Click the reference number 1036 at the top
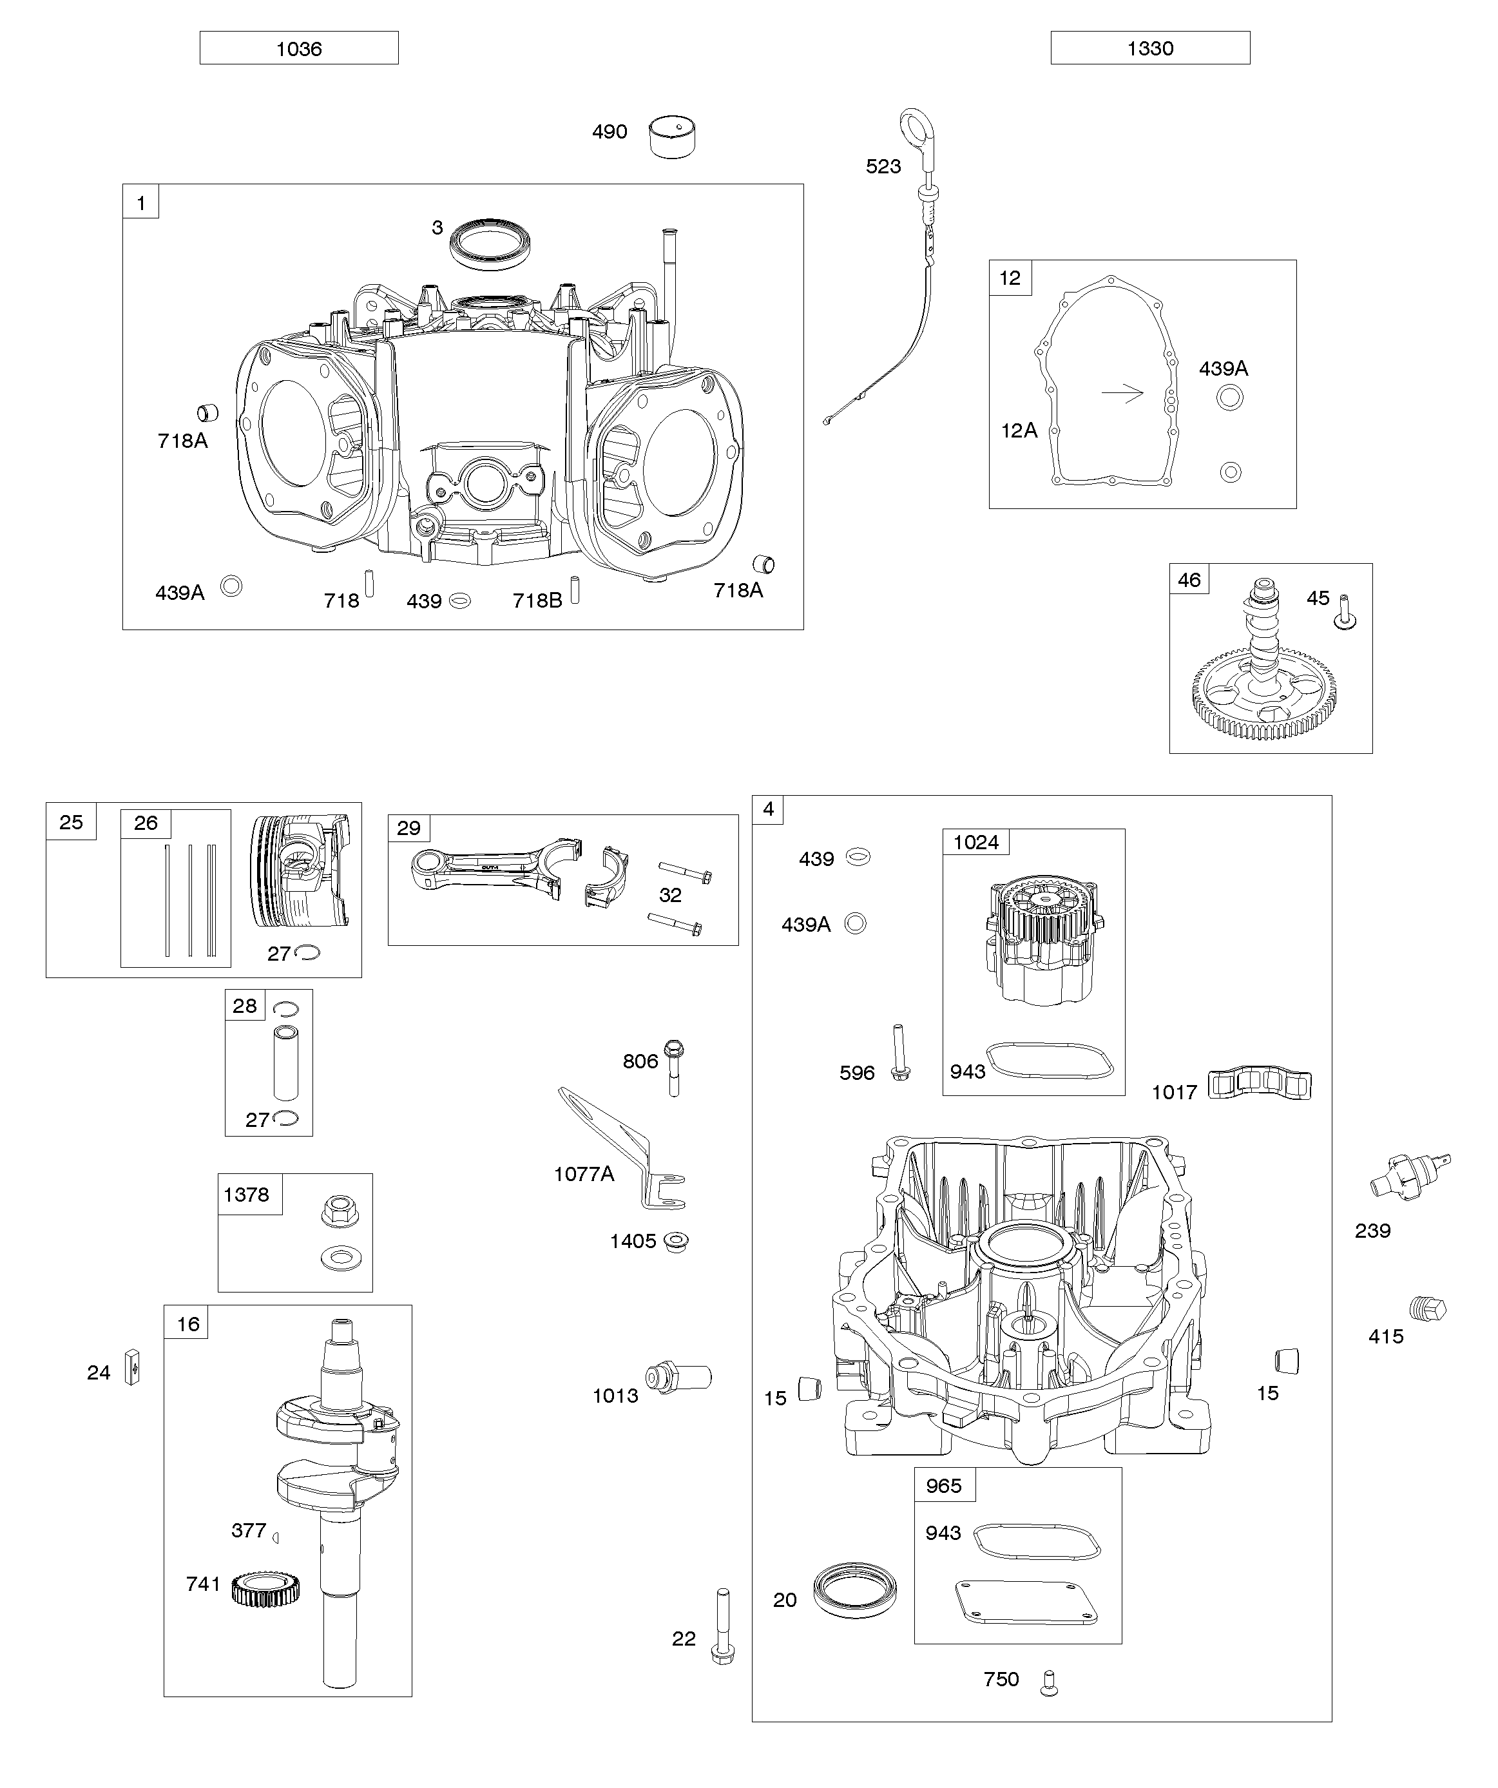click(x=299, y=48)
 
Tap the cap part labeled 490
click(x=673, y=136)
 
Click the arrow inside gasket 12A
click(x=1122, y=392)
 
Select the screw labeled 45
click(x=1345, y=612)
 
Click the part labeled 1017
click(x=1260, y=1085)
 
